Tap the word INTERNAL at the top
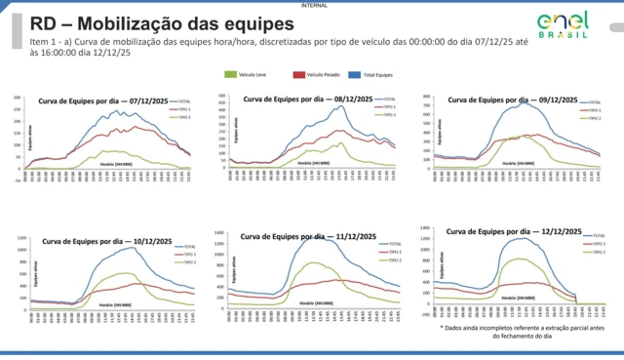pyautogui.click(x=312, y=4)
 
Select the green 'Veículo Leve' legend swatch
pyautogui.click(x=231, y=74)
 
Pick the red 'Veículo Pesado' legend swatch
pyautogui.click(x=298, y=74)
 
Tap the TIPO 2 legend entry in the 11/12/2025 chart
pyautogui.click(x=393, y=261)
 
